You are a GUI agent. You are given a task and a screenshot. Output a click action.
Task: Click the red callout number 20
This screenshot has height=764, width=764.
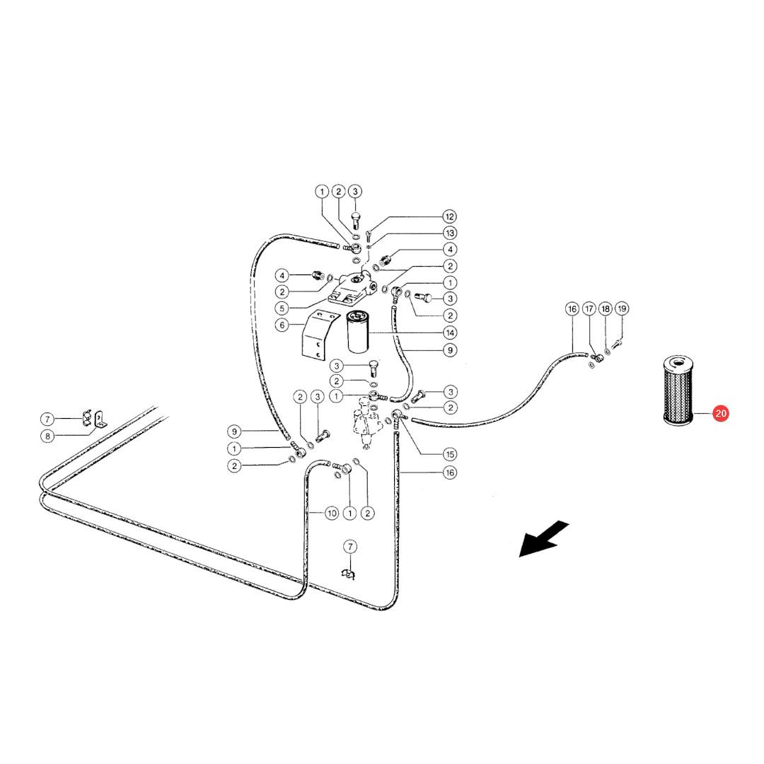[x=720, y=414]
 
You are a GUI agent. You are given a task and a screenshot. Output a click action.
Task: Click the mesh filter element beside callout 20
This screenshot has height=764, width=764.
[x=678, y=390]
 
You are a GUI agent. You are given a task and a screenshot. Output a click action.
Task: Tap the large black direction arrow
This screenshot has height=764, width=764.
[x=543, y=538]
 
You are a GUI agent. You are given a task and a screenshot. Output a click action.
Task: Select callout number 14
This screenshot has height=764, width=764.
[x=450, y=332]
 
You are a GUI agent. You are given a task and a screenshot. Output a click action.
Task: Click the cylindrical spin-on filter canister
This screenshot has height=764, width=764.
[x=359, y=332]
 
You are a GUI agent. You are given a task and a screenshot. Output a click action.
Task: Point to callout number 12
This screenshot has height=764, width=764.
[x=449, y=216]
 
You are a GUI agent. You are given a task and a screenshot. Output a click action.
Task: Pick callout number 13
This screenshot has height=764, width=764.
[x=450, y=233]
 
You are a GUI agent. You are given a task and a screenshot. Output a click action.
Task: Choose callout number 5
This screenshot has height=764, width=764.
[x=282, y=308]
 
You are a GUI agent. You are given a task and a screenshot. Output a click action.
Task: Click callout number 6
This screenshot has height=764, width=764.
[x=282, y=325]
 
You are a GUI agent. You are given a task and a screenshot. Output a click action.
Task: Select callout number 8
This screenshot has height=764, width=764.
[x=47, y=436]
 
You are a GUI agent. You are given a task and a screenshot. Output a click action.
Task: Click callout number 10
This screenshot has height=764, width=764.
[x=332, y=513]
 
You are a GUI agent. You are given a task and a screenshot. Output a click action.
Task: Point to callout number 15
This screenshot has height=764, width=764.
[x=450, y=454]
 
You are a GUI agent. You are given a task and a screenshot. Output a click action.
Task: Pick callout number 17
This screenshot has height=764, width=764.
[x=589, y=308]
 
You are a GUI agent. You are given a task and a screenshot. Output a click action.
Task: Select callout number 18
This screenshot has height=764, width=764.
[x=605, y=308]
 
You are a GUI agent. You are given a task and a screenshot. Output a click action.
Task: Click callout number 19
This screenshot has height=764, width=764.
[x=622, y=308]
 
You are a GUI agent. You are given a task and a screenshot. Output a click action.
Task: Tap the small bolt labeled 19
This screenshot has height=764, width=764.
[x=616, y=344]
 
